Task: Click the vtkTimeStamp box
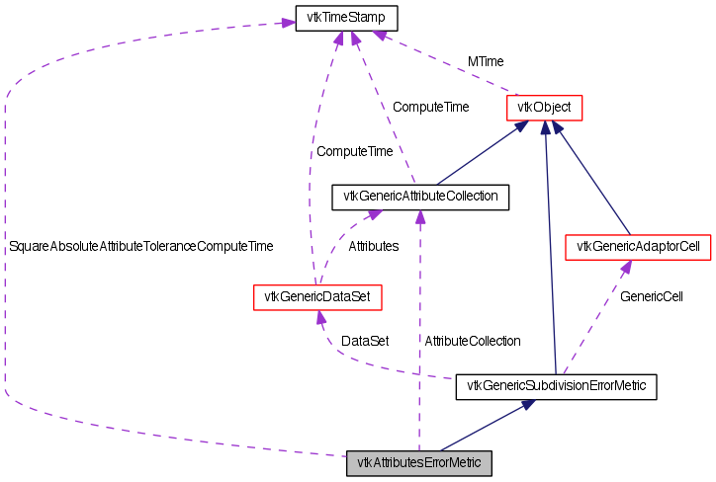(x=346, y=19)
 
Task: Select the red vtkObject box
(x=544, y=107)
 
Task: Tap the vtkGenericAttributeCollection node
(x=420, y=197)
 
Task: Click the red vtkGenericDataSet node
(x=316, y=295)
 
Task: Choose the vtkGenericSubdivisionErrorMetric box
(x=556, y=387)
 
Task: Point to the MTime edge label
(x=486, y=61)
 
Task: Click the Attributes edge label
(x=374, y=246)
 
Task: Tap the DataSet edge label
(x=365, y=341)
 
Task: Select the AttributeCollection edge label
(x=472, y=341)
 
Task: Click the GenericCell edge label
(x=652, y=295)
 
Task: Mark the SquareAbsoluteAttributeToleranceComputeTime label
(x=140, y=246)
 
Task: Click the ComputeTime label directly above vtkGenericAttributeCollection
(x=431, y=107)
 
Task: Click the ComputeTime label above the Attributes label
(x=354, y=152)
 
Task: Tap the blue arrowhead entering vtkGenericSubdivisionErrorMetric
(x=529, y=405)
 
